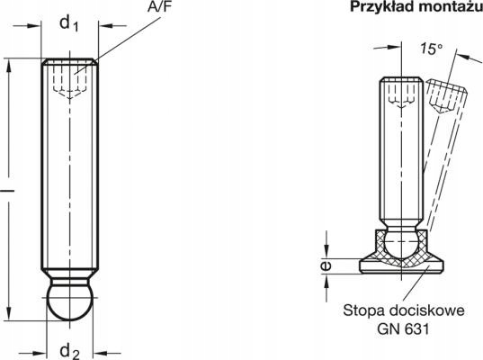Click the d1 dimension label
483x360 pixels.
(x=69, y=23)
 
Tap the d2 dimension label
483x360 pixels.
(x=70, y=352)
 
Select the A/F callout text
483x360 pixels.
(x=159, y=6)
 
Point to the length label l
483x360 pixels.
(x=8, y=191)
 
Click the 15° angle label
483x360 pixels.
(x=432, y=49)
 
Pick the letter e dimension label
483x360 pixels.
(x=326, y=265)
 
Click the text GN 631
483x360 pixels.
(x=403, y=328)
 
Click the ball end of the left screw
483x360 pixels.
(x=70, y=302)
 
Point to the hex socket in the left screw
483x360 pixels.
(x=70, y=81)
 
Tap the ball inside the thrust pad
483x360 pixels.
(x=401, y=245)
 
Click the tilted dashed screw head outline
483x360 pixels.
(x=447, y=96)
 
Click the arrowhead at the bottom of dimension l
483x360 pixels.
(x=9, y=314)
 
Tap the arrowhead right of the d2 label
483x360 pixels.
(x=101, y=353)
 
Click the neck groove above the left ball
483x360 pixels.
(x=70, y=276)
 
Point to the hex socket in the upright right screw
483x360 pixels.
(x=401, y=94)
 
